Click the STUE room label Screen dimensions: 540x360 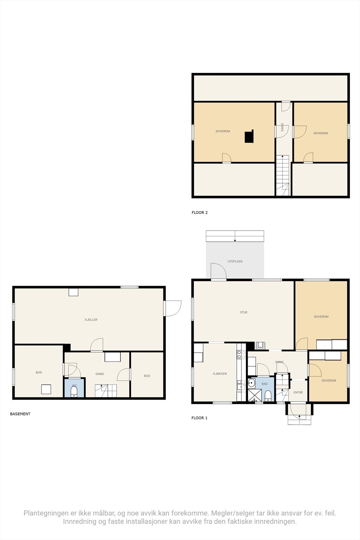tap(244, 313)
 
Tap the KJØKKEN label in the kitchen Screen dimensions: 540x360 tap(220, 374)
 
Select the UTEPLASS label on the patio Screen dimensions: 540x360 tap(235, 262)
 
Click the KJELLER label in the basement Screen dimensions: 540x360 tap(91, 320)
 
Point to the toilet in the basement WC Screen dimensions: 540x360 tap(74, 392)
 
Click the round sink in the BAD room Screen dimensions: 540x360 tap(251, 383)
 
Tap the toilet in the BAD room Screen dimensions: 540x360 tap(268, 396)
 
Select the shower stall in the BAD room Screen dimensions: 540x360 tap(254, 395)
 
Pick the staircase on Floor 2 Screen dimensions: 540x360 tap(282, 175)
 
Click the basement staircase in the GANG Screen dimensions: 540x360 tap(105, 391)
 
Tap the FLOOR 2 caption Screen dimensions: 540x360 tap(200, 213)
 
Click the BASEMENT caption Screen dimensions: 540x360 tap(20, 414)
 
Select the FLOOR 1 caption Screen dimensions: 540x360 tap(199, 418)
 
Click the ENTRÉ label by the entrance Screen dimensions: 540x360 tap(298, 393)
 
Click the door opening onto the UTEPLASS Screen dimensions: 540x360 tap(219, 272)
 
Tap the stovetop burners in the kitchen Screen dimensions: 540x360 tap(241, 354)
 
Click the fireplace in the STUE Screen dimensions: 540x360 tap(260, 345)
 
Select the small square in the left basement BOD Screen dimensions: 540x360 tap(46, 389)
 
